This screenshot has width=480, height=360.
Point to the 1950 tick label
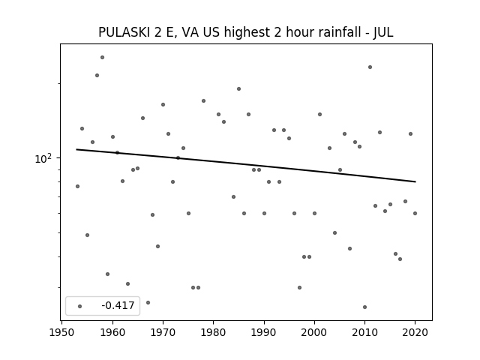(x=61, y=332)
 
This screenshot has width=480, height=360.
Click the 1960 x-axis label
(x=112, y=332)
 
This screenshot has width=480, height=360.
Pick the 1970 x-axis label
(x=163, y=332)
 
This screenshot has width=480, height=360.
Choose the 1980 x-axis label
(x=213, y=332)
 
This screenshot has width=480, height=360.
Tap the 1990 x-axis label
(x=264, y=332)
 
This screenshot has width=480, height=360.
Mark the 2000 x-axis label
(x=314, y=332)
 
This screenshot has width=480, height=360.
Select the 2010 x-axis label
(x=364, y=332)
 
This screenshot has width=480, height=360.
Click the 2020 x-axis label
(x=415, y=332)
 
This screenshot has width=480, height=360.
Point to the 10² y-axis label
(x=43, y=158)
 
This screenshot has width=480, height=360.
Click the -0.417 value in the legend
(x=118, y=305)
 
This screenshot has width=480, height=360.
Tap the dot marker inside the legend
(x=80, y=306)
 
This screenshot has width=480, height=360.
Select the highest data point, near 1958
(x=102, y=57)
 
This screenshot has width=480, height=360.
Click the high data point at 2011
(x=370, y=67)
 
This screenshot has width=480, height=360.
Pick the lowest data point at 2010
(x=364, y=307)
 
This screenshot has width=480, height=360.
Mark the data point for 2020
(x=415, y=213)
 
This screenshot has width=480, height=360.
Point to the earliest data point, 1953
(x=77, y=187)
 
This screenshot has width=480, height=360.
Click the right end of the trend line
(x=415, y=181)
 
